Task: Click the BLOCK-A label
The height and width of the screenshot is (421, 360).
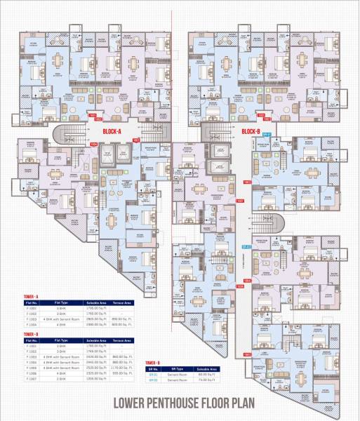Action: tap(112, 131)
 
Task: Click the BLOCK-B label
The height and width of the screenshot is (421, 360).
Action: tap(251, 131)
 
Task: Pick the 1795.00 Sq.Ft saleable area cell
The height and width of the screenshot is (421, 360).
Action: tap(95, 308)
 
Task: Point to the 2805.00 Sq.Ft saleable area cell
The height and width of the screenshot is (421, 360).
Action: tap(95, 318)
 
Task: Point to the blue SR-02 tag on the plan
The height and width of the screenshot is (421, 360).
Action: tap(246, 246)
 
